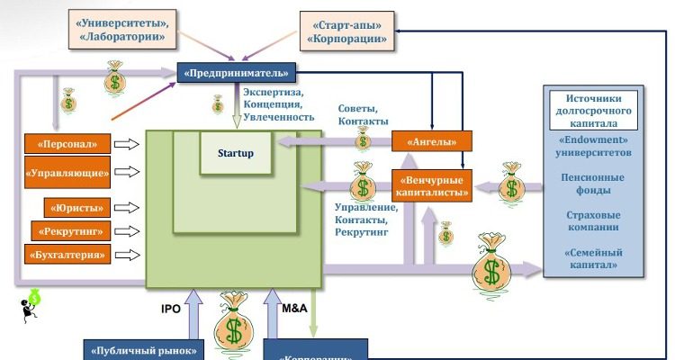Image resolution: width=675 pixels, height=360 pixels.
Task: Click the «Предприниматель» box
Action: pyautogui.click(x=237, y=72)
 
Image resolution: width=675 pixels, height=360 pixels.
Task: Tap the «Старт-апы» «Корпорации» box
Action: pyautogui.click(x=346, y=29)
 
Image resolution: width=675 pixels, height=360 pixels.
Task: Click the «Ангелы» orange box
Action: pyautogui.click(x=431, y=141)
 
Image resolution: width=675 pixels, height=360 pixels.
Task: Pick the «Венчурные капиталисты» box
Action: pyautogui.click(x=431, y=184)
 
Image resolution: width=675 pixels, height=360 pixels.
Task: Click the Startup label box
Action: pyautogui.click(x=236, y=153)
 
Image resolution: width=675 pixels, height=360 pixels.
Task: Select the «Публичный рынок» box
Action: pyautogui.click(x=143, y=349)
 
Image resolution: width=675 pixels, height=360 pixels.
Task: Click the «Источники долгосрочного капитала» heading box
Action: pyautogui.click(x=593, y=110)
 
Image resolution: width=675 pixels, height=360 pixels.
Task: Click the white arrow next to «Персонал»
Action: pyautogui.click(x=128, y=143)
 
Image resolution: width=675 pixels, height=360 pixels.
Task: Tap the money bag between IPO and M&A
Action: pyautogui.click(x=233, y=322)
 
